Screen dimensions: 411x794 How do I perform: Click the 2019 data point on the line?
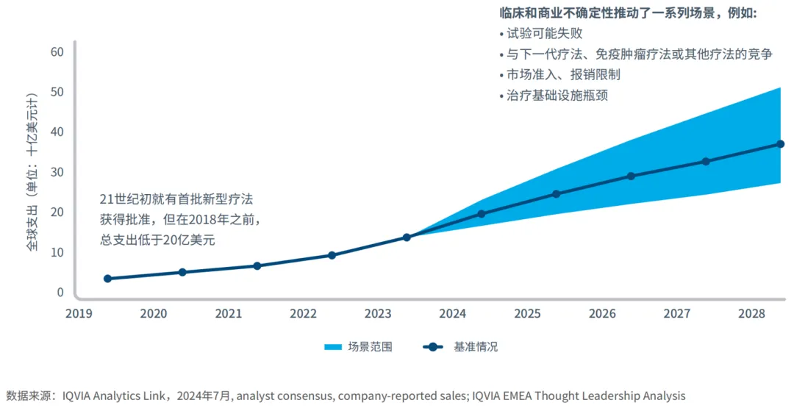click(107, 279)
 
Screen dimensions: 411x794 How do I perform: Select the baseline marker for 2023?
click(407, 237)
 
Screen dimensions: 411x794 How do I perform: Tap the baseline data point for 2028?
click(781, 144)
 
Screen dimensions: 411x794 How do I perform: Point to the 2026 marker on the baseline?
click(631, 176)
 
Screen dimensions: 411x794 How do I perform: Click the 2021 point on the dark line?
click(257, 265)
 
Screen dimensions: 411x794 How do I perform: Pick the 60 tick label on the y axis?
click(57, 52)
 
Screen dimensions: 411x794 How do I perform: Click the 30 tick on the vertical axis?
click(57, 172)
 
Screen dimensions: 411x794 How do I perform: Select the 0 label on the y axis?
click(60, 292)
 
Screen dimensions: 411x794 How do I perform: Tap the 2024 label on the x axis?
click(453, 314)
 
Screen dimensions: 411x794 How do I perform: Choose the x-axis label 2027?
click(677, 314)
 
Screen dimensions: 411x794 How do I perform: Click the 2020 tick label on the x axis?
click(154, 314)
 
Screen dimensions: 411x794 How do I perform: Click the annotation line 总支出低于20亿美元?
click(157, 240)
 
